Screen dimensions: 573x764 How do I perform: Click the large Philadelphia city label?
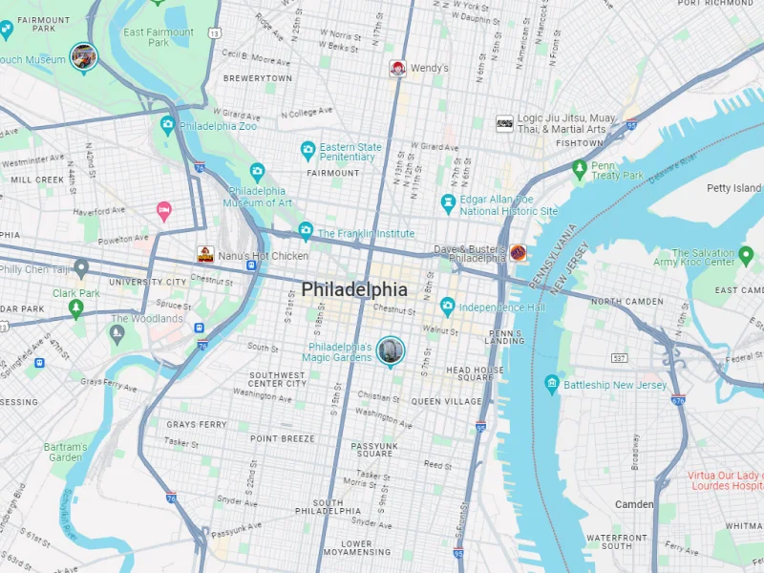click(x=354, y=289)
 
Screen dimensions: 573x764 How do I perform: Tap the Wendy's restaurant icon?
click(x=397, y=69)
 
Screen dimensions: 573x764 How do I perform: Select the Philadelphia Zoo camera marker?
click(x=168, y=125)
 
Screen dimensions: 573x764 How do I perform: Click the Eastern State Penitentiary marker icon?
click(x=308, y=149)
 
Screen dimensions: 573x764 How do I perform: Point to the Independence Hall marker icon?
click(x=447, y=307)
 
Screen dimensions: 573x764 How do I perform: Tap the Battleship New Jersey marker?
click(x=551, y=384)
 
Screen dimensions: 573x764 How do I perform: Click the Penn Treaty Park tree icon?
click(x=579, y=169)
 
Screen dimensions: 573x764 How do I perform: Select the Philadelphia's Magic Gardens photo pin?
click(x=390, y=350)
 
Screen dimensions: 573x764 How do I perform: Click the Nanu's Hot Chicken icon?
click(x=205, y=255)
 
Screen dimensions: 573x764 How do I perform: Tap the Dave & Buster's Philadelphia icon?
click(x=518, y=253)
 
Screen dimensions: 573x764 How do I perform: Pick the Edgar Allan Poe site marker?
click(x=448, y=202)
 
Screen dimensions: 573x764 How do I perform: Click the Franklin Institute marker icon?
click(x=305, y=231)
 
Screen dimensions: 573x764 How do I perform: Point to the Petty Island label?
click(x=732, y=188)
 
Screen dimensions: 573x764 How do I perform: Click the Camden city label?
click(x=633, y=503)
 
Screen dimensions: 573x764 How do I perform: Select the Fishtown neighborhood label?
click(x=580, y=143)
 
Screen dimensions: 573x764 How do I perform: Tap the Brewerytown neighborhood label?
click(x=258, y=78)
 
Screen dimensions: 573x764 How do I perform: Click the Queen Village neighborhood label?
click(x=447, y=402)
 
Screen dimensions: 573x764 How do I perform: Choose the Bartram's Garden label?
click(x=65, y=452)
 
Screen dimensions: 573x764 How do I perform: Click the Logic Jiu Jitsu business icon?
click(x=504, y=123)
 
